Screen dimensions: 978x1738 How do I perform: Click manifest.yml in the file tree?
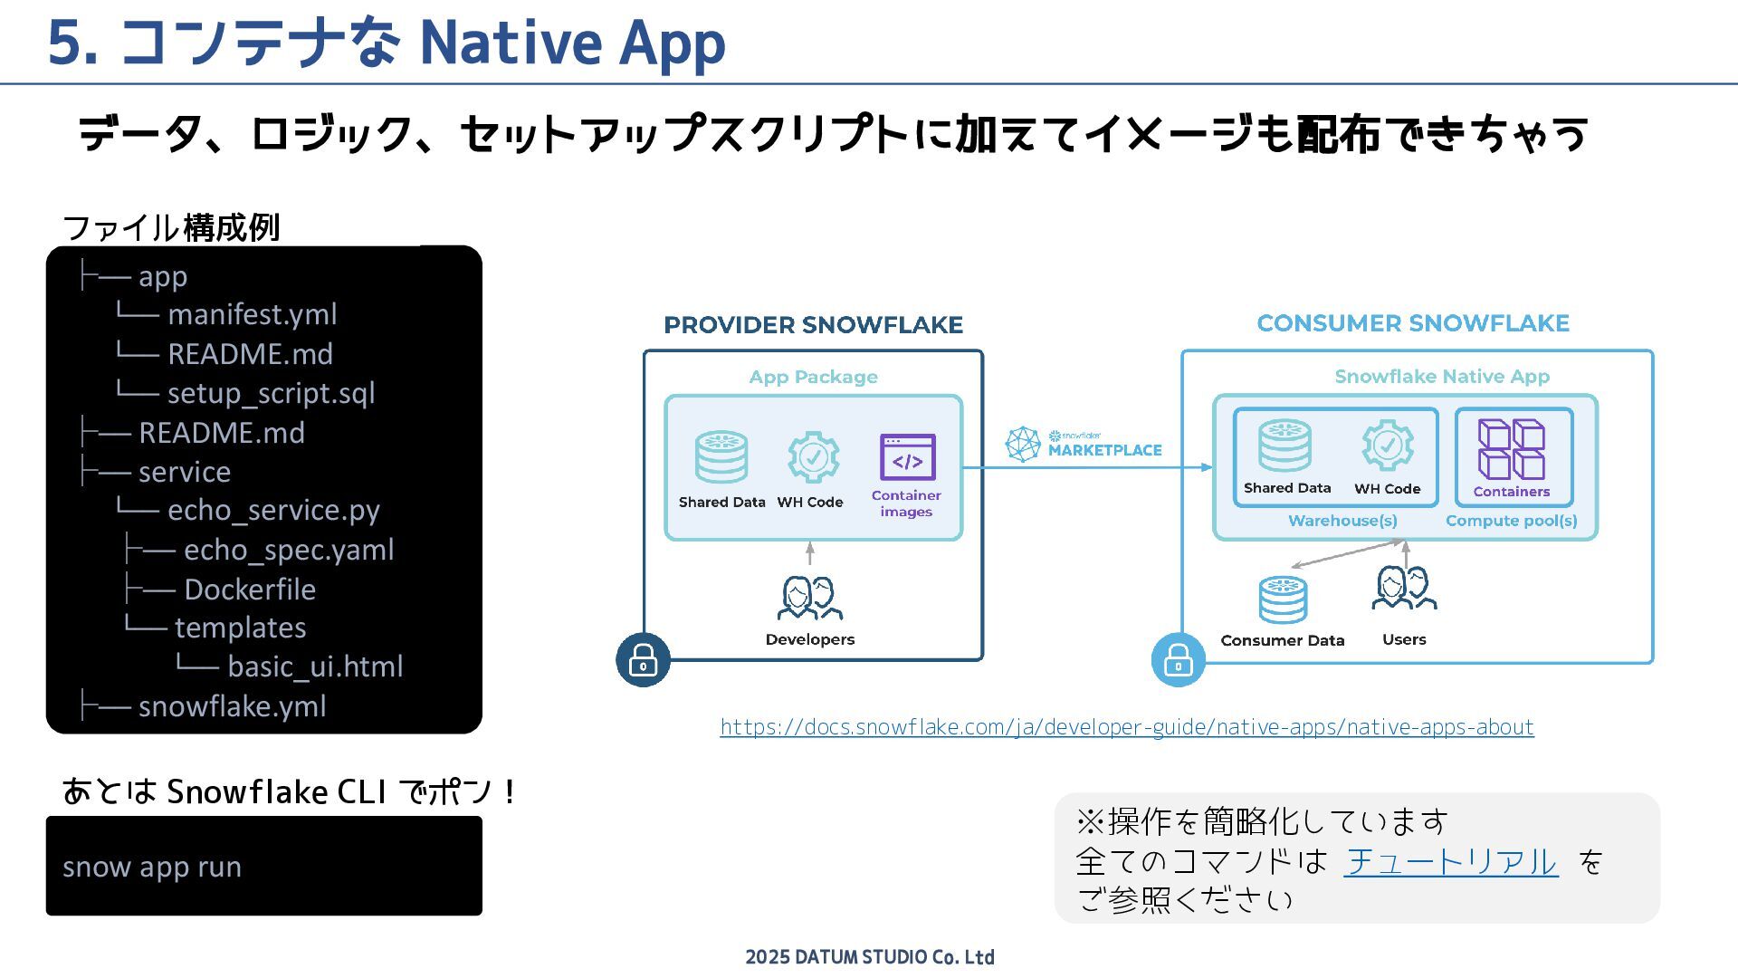click(252, 314)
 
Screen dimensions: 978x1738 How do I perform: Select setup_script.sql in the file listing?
click(271, 393)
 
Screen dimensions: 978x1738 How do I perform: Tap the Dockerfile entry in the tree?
click(250, 590)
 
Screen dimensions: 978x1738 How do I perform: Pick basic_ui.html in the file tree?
click(315, 666)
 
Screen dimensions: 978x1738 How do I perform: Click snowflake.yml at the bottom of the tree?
click(232, 706)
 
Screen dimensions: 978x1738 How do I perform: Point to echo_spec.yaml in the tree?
click(289, 550)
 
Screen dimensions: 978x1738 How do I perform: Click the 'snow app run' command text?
click(152, 867)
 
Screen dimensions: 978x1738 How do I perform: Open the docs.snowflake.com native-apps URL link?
click(1127, 727)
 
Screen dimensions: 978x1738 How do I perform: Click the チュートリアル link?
click(1450, 861)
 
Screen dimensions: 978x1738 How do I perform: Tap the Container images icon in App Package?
click(907, 457)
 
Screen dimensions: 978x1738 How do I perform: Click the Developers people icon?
click(810, 598)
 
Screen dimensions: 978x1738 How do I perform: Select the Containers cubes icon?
click(1511, 449)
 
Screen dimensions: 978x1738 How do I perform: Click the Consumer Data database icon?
click(1283, 599)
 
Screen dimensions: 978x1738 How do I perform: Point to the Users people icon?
click(1404, 589)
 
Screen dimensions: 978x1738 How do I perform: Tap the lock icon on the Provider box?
click(643, 659)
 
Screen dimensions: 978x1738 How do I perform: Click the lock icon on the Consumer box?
click(1178, 659)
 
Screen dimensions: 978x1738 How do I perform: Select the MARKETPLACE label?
click(1104, 450)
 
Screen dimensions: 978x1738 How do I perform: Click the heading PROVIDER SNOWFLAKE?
click(813, 325)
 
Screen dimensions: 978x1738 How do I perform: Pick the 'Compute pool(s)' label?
click(1511, 521)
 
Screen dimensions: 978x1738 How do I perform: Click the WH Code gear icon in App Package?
click(812, 457)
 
